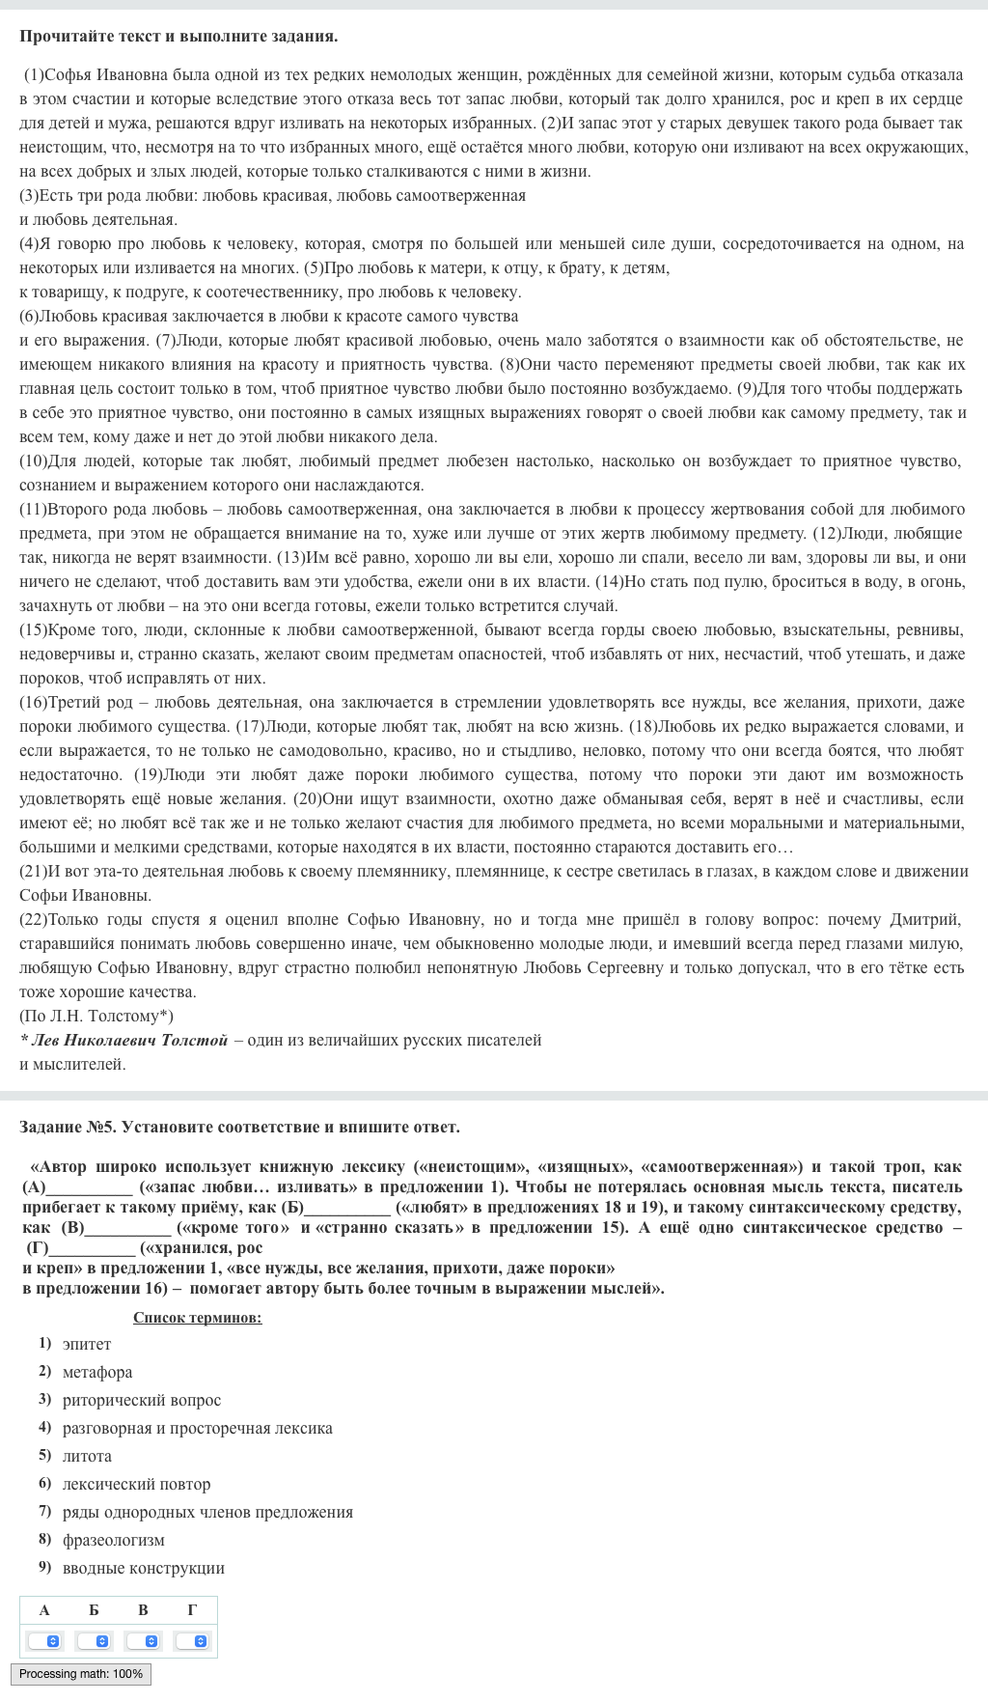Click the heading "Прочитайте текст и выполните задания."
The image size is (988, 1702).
tap(178, 37)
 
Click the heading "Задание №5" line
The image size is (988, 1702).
tap(239, 1127)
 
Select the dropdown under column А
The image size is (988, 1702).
tap(44, 1641)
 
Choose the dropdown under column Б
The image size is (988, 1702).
tap(94, 1641)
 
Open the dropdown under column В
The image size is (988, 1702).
tap(143, 1641)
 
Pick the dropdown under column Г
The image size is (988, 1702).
tap(192, 1641)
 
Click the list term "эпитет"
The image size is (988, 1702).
tap(87, 1344)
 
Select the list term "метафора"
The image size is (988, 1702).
tap(97, 1372)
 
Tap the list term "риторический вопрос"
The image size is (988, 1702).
tap(142, 1400)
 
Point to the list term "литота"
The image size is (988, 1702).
tap(87, 1456)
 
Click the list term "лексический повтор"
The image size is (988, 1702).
tap(136, 1484)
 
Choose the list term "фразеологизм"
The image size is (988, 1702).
tap(114, 1540)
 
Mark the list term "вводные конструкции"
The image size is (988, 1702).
tap(144, 1568)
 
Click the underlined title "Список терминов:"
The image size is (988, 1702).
tap(198, 1318)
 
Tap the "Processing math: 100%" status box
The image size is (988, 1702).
tap(81, 1674)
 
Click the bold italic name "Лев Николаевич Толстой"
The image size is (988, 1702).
tap(129, 1040)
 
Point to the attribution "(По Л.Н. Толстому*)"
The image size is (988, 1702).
tap(96, 1016)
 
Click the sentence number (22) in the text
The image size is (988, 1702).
tap(33, 919)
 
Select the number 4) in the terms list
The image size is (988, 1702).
tap(44, 1427)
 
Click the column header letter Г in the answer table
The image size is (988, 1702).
tap(192, 1609)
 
